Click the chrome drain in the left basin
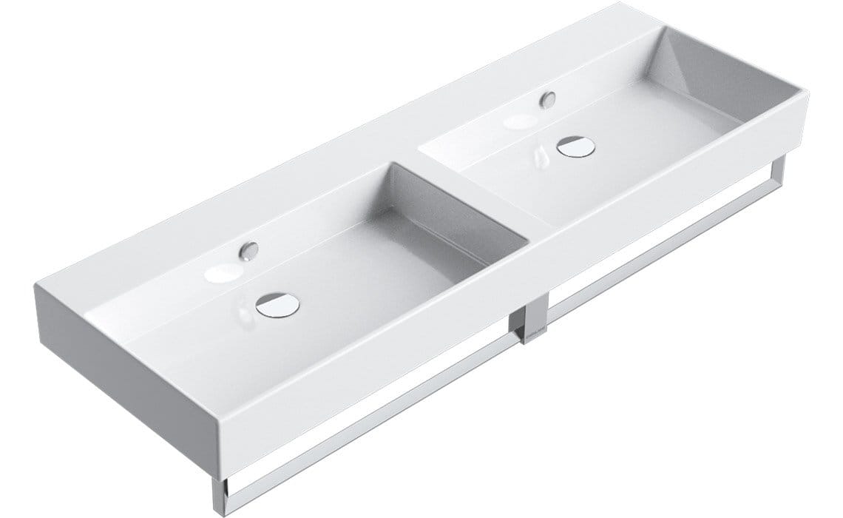point(278,303)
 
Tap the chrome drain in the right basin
point(575,147)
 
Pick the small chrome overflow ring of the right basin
point(548,98)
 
